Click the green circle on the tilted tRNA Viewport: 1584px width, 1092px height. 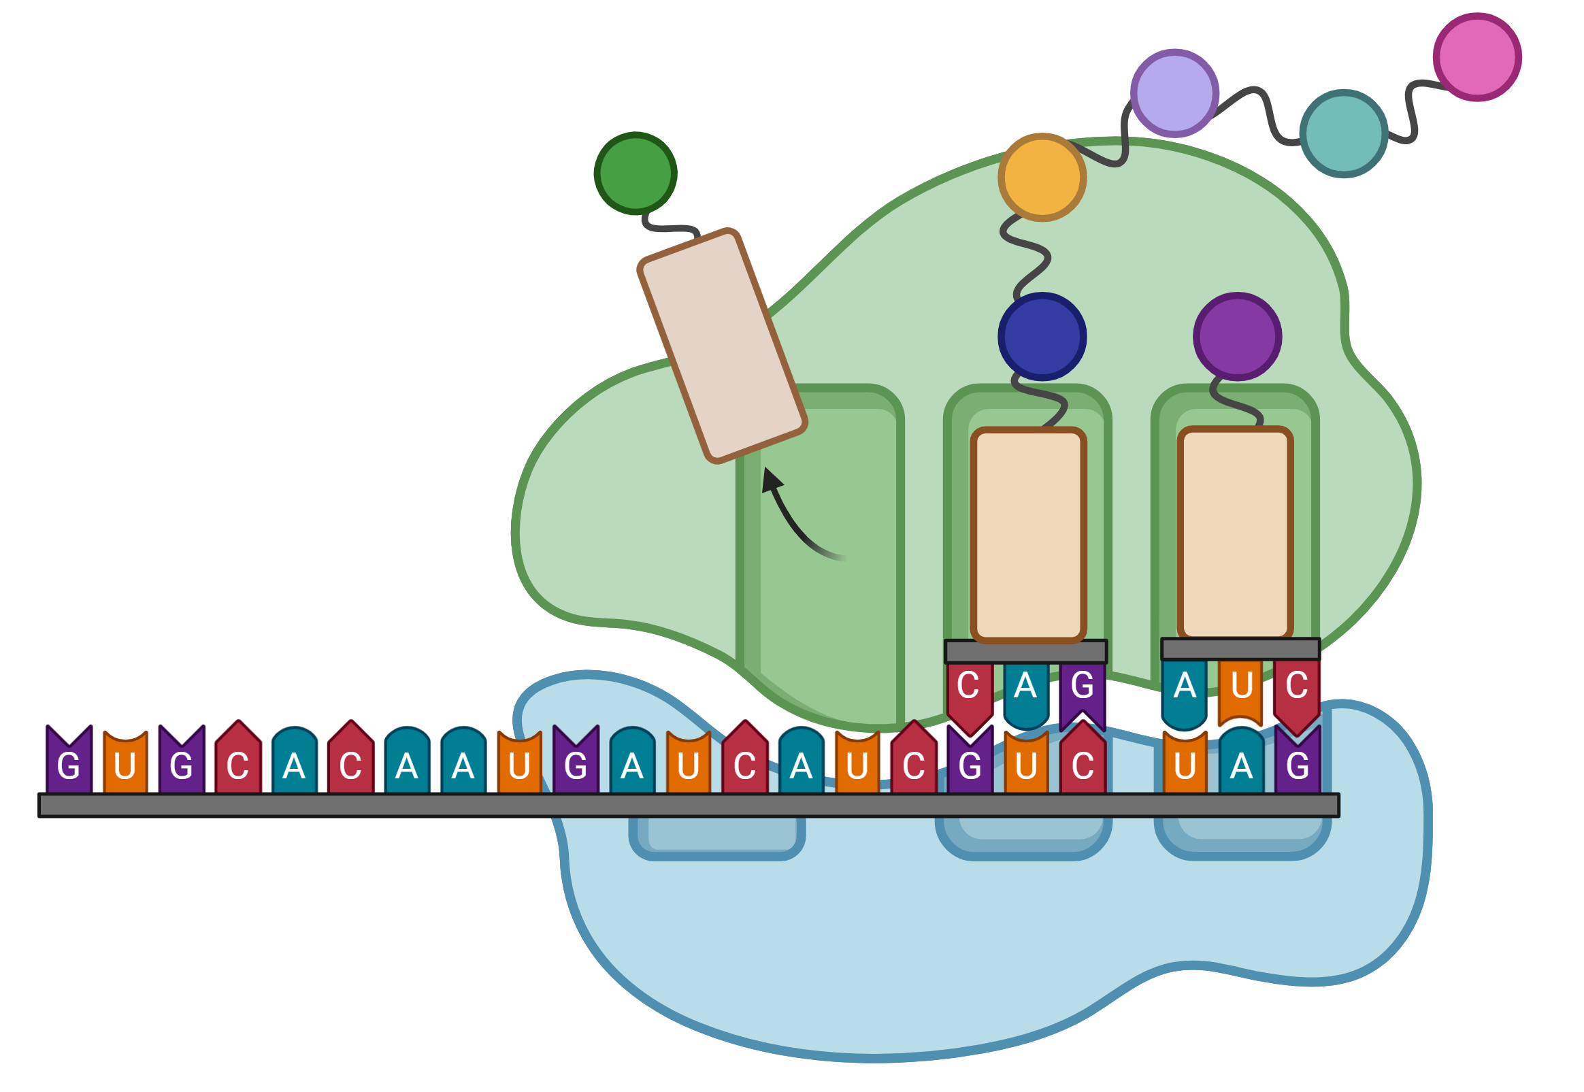(x=635, y=173)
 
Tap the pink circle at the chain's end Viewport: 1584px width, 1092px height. (x=1476, y=56)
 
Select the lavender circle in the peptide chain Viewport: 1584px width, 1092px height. (x=1174, y=93)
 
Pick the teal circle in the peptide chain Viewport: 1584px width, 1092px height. (x=1343, y=133)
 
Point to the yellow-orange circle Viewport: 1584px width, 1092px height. (x=1042, y=177)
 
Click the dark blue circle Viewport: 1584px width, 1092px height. (x=1042, y=337)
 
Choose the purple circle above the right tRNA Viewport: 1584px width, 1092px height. (x=1237, y=337)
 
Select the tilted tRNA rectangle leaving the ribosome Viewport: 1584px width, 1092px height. (x=722, y=346)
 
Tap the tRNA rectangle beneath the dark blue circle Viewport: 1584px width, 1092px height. (x=1028, y=535)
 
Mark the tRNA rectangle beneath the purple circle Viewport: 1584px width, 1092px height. (x=1235, y=533)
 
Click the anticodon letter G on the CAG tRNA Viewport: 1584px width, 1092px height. (x=1083, y=693)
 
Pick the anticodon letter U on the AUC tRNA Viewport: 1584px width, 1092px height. (x=1240, y=691)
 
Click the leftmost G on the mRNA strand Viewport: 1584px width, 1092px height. (x=69, y=759)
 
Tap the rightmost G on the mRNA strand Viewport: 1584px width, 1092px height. (x=1298, y=759)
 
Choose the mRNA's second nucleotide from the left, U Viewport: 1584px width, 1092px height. (x=125, y=762)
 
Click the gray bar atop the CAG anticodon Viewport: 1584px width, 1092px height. (x=1025, y=651)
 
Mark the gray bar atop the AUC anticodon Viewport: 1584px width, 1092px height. (x=1240, y=649)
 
